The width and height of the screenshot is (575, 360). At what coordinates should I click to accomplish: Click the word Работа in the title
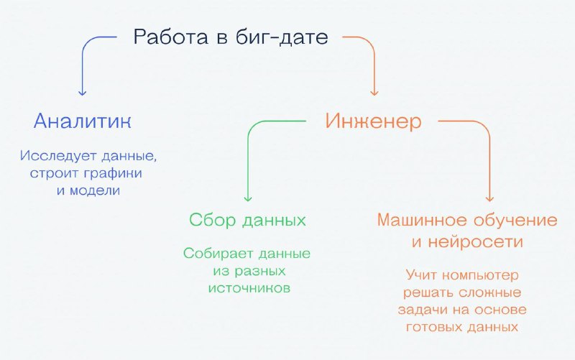click(x=170, y=37)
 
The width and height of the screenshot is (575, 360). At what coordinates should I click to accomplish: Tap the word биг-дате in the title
click(x=281, y=37)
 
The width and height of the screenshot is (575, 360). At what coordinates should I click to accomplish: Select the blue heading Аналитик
click(x=82, y=121)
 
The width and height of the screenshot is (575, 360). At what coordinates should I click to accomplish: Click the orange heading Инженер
click(x=373, y=121)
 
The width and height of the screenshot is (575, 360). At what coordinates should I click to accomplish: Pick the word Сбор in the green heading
click(x=212, y=221)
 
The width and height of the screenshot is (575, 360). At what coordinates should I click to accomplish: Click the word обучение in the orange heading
click(x=515, y=221)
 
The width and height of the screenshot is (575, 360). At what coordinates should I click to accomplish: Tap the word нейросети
click(x=475, y=242)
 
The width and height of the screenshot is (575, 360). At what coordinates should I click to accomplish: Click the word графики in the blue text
click(x=113, y=173)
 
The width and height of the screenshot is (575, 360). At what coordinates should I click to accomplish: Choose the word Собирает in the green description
click(x=218, y=254)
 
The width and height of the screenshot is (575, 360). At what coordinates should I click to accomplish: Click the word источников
click(x=249, y=288)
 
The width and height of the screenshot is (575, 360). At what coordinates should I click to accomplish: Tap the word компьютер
click(x=480, y=275)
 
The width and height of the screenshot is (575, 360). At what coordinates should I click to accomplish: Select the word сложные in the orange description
click(x=490, y=293)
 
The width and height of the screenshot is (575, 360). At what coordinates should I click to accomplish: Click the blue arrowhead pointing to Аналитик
click(x=83, y=93)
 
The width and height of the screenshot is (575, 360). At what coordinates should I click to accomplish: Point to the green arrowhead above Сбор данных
click(x=248, y=198)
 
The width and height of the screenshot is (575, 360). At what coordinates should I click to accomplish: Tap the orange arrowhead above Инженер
click(x=374, y=93)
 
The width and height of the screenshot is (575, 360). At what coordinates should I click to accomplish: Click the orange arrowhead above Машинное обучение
click(x=489, y=198)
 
